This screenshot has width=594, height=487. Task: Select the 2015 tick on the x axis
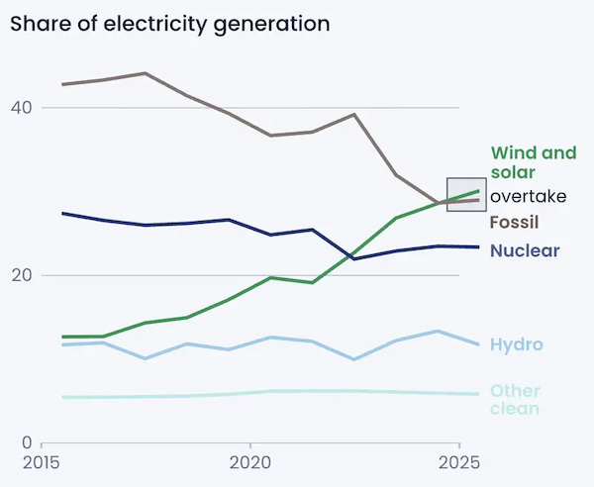click(41, 462)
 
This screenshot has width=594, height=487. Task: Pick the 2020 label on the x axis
click(249, 462)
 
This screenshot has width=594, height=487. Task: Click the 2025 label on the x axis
click(459, 462)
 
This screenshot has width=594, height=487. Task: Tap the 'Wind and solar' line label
click(533, 162)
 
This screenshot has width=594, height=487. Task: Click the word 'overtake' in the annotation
click(529, 196)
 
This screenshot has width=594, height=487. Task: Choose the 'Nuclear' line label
click(525, 250)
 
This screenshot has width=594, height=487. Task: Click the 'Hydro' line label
click(516, 344)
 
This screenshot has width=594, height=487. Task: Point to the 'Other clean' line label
click(515, 399)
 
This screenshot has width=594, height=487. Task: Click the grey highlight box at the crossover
click(465, 194)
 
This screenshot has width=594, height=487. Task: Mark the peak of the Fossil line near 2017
click(146, 73)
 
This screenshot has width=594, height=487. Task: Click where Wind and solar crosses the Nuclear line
click(351, 256)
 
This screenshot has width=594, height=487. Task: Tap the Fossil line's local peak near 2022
click(353, 115)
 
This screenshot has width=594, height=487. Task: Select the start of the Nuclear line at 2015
click(62, 213)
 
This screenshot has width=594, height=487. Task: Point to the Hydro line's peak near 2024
click(438, 332)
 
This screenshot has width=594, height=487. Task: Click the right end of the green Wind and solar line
click(479, 191)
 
